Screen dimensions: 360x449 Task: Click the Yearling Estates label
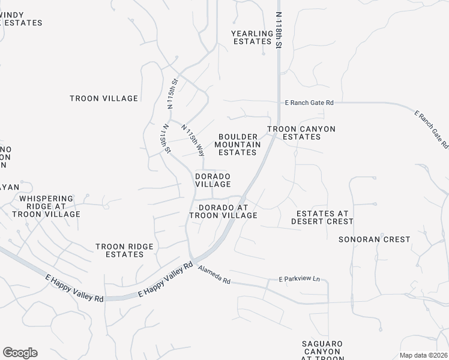[x=252, y=37]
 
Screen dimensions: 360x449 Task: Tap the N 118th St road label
[x=279, y=29]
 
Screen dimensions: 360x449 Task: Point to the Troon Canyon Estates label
[x=301, y=133]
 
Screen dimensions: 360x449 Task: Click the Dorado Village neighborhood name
[x=212, y=180]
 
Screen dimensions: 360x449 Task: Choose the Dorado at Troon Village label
[x=223, y=211]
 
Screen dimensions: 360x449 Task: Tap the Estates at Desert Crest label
[x=322, y=217]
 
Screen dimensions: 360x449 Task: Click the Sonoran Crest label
[x=375, y=239]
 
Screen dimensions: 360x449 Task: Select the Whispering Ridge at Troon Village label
[x=46, y=206]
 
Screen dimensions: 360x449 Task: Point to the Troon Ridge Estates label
[x=125, y=250]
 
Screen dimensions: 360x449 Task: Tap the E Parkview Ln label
[x=300, y=280]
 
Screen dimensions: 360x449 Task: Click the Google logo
[x=20, y=353]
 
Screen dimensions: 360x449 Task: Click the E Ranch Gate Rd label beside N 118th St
[x=309, y=103]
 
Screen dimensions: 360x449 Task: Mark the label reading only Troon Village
[x=104, y=98]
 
